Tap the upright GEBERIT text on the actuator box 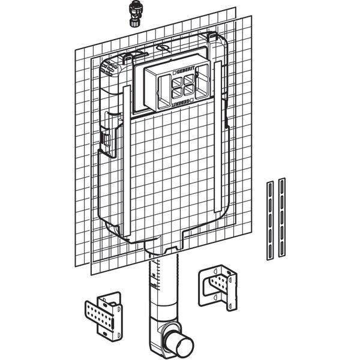(186, 70)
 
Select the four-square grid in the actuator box (183, 86)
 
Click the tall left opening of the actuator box (164, 91)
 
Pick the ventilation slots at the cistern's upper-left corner (109, 68)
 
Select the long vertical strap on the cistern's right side (217, 137)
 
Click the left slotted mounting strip (270, 220)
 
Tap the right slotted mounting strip (282, 217)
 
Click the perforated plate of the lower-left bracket (100, 314)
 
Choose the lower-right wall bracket (218, 287)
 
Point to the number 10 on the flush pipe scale (154, 275)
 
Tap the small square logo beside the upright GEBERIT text (175, 73)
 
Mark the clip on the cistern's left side (107, 140)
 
